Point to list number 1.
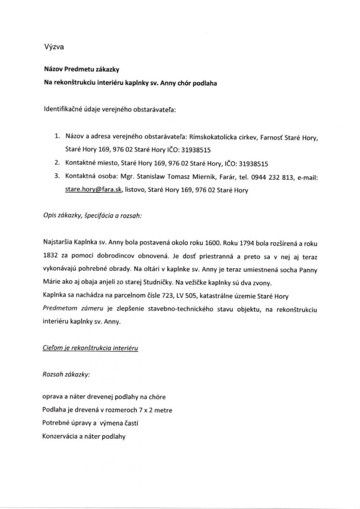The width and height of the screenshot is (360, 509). tap(57, 138)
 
